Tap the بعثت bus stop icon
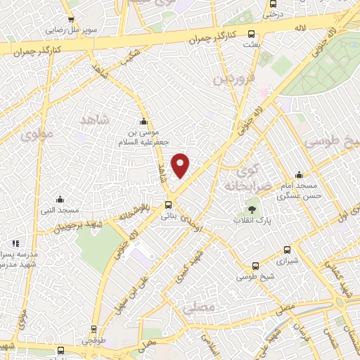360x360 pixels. (x=252, y=34)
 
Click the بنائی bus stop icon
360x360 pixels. (x=167, y=205)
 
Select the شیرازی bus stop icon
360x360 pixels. (x=287, y=250)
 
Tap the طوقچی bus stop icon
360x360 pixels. (x=95, y=329)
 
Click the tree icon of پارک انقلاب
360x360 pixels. (x=252, y=209)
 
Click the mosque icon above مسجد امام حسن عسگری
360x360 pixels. (x=299, y=174)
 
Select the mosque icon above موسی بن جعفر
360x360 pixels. (x=143, y=121)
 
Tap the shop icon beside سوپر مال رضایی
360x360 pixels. (x=71, y=20)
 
